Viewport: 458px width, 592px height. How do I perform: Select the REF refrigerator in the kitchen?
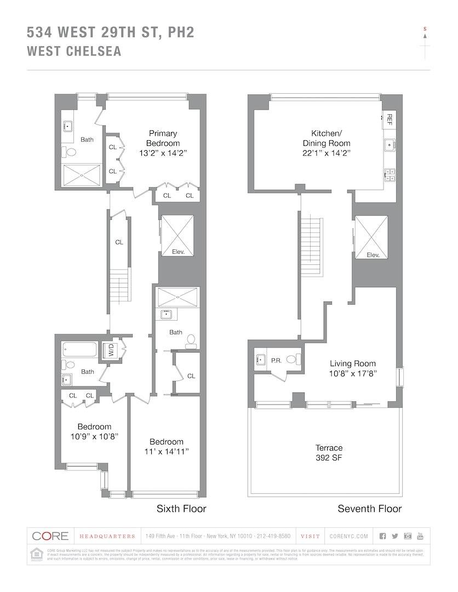[x=390, y=118]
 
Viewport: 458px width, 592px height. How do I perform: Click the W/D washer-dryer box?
[x=111, y=350]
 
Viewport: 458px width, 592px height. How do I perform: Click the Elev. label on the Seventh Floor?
[x=373, y=255]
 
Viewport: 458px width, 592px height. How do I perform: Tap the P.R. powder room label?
[x=276, y=360]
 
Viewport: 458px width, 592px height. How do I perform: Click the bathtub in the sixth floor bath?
[x=81, y=349]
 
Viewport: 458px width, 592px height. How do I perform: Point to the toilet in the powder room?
[x=294, y=360]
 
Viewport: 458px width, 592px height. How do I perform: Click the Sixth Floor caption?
[x=181, y=509]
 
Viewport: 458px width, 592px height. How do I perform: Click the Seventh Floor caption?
[x=369, y=509]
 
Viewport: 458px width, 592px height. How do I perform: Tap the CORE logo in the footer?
[x=50, y=536]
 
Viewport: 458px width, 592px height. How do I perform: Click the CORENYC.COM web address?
[x=349, y=536]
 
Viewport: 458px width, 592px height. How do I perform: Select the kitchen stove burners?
[x=390, y=174]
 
